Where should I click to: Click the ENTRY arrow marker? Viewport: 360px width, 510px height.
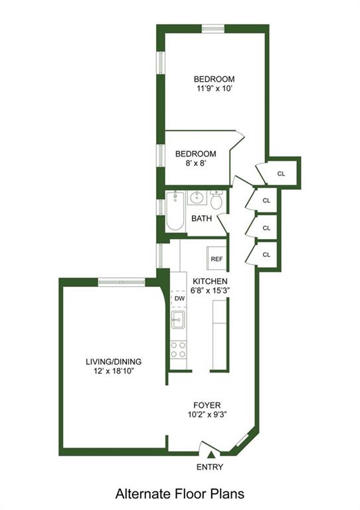point(211,455)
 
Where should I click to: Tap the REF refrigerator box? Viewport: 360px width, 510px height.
point(217,259)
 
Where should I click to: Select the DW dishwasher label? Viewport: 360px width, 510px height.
point(179,299)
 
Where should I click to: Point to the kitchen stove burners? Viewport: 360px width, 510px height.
point(178,349)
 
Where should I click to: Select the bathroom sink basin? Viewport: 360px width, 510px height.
point(197,198)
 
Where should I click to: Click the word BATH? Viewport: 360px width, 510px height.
point(201,218)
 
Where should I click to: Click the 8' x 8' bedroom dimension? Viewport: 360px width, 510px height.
point(195,165)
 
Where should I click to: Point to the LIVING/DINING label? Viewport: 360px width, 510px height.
point(114,362)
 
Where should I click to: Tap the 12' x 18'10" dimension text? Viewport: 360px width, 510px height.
point(114,372)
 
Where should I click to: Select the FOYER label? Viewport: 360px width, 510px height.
point(207,405)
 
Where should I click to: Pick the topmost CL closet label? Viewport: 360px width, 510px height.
point(281,174)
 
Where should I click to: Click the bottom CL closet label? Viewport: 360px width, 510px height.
point(266,254)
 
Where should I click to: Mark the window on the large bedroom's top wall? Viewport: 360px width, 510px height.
point(213,28)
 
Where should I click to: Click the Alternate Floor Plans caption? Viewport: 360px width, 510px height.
point(179,494)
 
